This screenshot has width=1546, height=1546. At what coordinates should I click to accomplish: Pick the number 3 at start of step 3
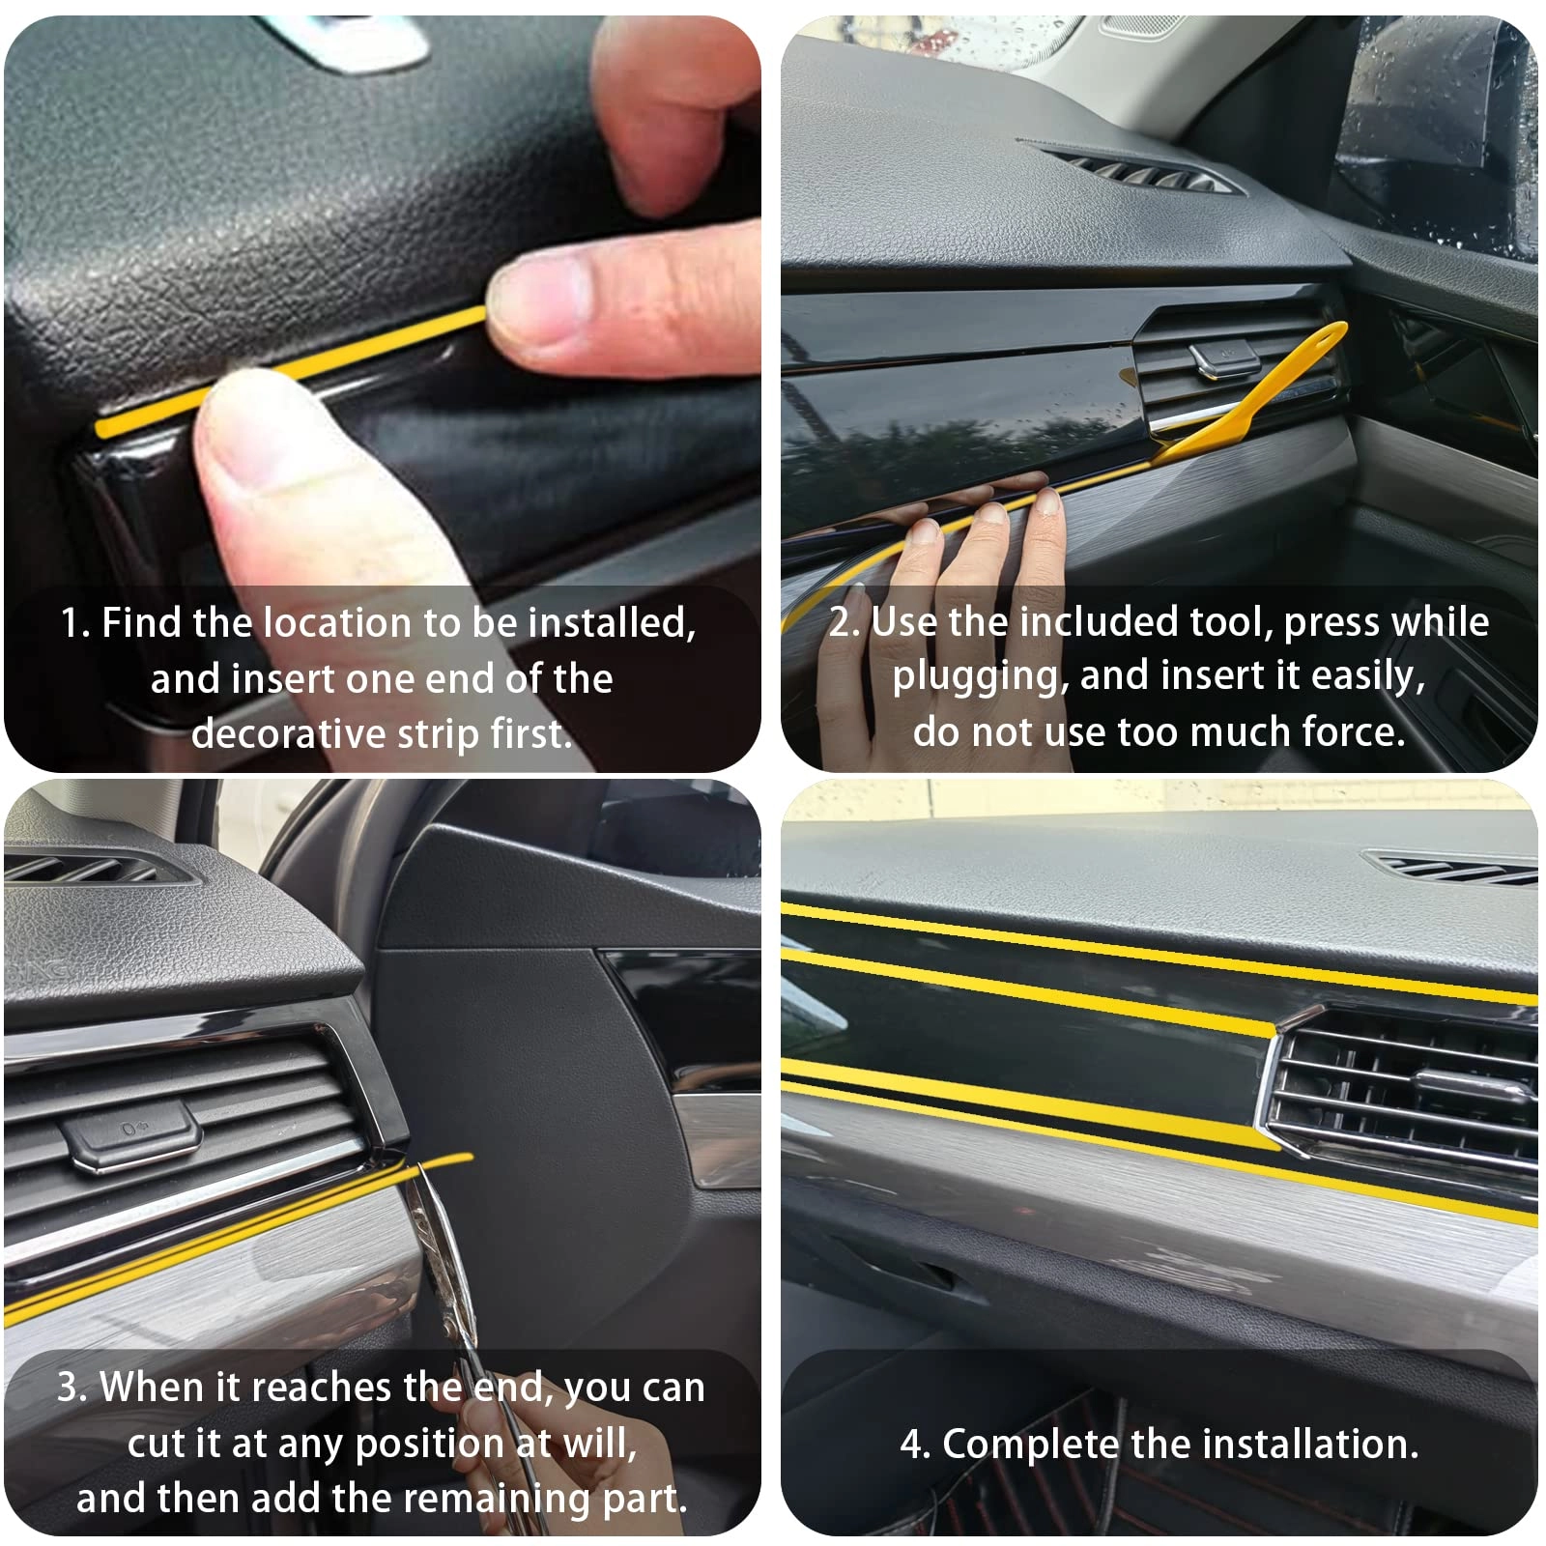[x=68, y=1388]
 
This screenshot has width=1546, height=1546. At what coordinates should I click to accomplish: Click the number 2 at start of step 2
[x=841, y=621]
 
